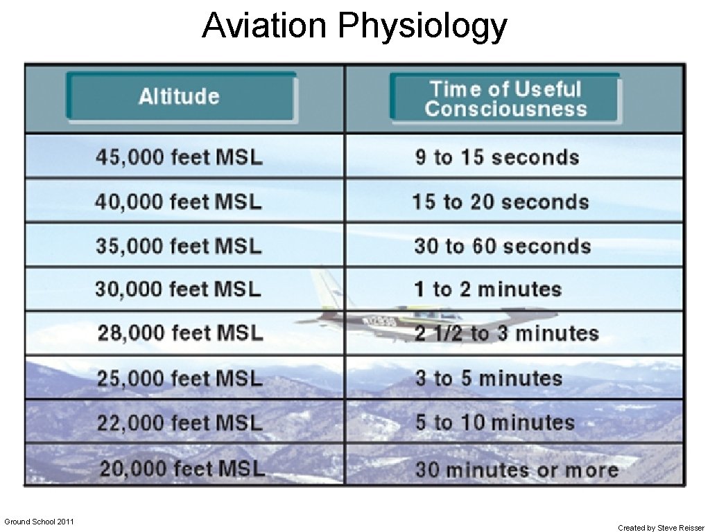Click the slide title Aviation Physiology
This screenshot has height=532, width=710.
(354, 26)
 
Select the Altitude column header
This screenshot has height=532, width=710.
(179, 96)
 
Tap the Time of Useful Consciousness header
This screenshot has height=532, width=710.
(505, 99)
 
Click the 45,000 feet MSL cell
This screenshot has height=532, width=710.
(179, 157)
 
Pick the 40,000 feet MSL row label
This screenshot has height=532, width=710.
(179, 202)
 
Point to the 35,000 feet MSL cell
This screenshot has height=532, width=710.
(179, 246)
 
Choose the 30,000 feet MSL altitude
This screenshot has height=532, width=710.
(178, 289)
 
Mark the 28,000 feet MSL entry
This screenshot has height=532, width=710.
(180, 333)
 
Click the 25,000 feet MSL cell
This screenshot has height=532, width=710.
(180, 378)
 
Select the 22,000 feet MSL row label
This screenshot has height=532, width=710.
(180, 423)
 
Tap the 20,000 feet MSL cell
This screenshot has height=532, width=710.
(182, 469)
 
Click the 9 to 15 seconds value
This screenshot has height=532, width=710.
(497, 157)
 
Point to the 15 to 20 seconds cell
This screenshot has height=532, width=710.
(500, 202)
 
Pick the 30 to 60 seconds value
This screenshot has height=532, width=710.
(502, 246)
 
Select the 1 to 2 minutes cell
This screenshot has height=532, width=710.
(487, 289)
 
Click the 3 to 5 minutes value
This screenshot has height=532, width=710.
(488, 378)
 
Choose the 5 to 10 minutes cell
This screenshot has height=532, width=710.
(495, 423)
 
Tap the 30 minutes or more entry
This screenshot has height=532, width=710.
(517, 470)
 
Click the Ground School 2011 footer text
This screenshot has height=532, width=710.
(39, 521)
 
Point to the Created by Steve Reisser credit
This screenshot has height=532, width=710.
(661, 528)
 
